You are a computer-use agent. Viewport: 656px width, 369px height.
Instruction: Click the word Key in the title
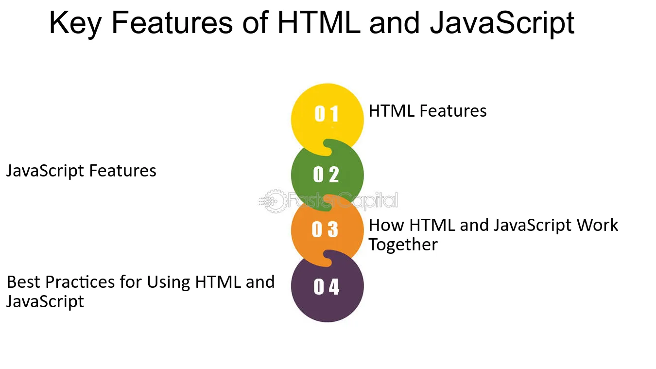point(75,23)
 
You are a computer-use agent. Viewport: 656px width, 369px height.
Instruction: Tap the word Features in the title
point(172,23)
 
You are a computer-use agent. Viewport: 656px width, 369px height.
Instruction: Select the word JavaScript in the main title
point(502,24)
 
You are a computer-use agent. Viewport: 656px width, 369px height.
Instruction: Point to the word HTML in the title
point(319,22)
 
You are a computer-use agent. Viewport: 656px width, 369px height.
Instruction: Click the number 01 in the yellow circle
point(327,114)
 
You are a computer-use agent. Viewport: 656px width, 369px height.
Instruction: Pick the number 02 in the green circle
point(326,175)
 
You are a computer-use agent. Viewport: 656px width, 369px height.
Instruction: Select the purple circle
point(328,286)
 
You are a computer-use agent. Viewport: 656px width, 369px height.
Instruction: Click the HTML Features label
point(428,111)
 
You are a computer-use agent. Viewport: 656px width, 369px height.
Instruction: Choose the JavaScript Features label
point(82,171)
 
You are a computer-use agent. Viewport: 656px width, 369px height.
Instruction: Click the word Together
point(403,245)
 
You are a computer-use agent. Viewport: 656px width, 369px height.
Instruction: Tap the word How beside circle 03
point(386,225)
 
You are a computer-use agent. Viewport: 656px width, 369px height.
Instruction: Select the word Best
point(24,282)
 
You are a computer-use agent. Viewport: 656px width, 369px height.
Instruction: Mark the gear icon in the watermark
point(275,201)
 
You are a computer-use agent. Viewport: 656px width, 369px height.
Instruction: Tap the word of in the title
point(255,23)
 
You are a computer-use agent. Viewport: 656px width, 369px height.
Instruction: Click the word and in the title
point(395,23)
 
